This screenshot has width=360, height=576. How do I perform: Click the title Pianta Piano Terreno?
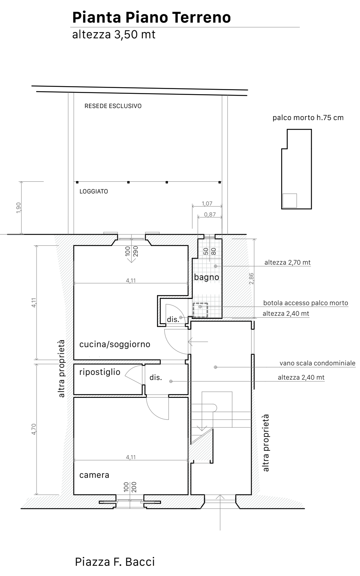pos(152,18)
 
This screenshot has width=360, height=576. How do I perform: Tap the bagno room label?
pos(207,277)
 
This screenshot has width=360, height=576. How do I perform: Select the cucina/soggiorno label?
pos(115,344)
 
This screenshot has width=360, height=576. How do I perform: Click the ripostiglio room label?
pos(100,372)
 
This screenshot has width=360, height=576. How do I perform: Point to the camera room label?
pos(94,475)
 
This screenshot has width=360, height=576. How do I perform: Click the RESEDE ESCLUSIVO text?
pos(113,106)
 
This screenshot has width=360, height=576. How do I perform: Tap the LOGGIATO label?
pos(93,191)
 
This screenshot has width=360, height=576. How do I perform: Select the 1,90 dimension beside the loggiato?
pos(19,208)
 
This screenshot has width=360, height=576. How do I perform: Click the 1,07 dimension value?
pos(207,204)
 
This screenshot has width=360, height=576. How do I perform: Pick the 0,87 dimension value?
pos(210,215)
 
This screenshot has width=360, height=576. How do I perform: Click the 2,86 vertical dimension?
pos(252,279)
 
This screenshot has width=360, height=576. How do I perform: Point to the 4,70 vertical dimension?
pos(34,429)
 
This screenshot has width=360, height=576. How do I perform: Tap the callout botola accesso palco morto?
pos(306,303)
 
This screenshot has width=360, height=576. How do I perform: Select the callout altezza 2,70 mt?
pos(287,262)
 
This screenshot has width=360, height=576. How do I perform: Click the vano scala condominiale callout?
pos(317,363)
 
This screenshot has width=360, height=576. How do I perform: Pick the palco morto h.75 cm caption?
pos(308,118)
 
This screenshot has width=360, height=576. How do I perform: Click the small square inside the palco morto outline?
pos(290,200)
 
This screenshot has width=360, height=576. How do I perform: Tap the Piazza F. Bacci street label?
pos(115,562)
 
